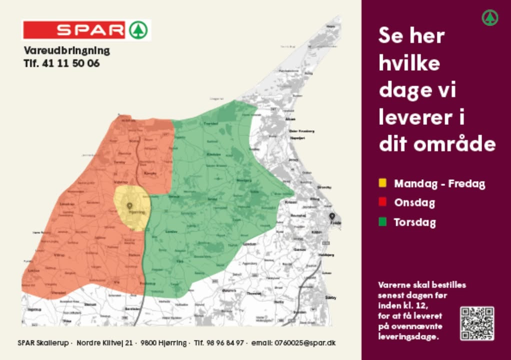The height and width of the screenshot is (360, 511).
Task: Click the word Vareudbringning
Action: tap(66, 50)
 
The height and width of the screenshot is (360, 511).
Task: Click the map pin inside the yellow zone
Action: tap(129, 205)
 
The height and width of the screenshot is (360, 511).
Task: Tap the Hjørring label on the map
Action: tap(136, 212)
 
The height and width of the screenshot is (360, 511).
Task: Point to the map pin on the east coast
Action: tap(331, 216)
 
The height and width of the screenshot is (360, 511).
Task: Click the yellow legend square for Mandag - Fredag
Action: tap(382, 183)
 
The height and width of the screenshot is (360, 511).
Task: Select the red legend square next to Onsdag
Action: tap(382, 202)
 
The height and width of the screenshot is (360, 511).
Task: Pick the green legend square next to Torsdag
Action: tap(382, 221)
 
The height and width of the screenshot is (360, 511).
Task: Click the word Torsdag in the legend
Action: tap(414, 222)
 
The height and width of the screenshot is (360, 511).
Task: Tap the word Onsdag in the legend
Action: tap(414, 202)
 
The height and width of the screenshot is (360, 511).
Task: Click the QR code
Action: tap(477, 323)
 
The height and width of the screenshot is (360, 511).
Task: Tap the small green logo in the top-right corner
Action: tap(490, 18)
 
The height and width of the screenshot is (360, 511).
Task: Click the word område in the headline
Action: tap(455, 144)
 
